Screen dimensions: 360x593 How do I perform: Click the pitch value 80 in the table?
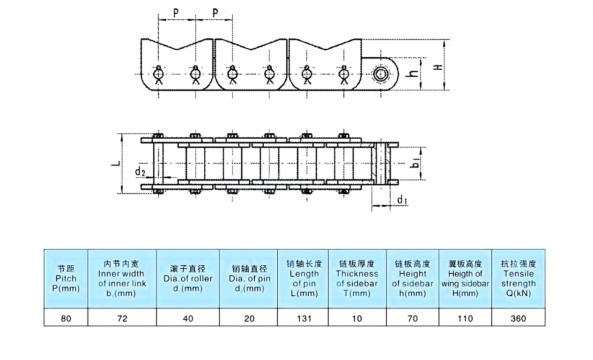tap(66, 318)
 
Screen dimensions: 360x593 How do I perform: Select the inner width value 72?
tap(122, 318)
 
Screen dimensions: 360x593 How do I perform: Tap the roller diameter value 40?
tap(188, 318)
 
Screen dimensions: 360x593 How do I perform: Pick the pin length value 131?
tap(303, 318)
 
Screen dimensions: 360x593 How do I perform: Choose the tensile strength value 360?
tap(518, 318)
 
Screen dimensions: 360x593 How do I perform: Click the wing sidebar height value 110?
tap(465, 318)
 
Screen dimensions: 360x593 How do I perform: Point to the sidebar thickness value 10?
tap(357, 318)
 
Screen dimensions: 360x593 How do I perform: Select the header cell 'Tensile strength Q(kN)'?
tap(518, 278)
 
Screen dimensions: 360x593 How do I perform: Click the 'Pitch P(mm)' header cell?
tap(66, 278)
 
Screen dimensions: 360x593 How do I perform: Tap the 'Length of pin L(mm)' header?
tap(303, 278)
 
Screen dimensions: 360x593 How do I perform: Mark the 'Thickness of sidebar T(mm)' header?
tap(357, 278)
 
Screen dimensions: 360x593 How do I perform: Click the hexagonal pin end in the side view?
tap(379, 74)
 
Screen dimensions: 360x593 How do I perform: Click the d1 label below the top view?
tap(401, 201)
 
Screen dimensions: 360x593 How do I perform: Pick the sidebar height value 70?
tap(412, 318)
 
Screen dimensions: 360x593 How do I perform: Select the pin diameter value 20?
tap(249, 318)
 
